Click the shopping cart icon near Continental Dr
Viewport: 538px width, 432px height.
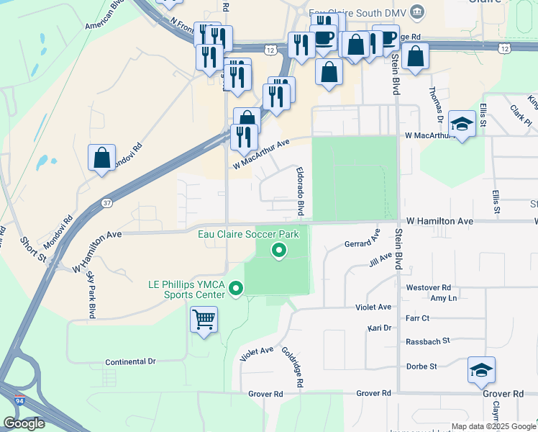[x=204, y=318]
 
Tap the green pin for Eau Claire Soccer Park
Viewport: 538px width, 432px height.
[x=278, y=251]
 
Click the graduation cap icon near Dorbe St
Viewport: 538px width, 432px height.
[x=481, y=370]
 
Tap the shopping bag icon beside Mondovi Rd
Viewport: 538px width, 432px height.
[x=102, y=158]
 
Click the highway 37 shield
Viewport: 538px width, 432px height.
[x=106, y=203]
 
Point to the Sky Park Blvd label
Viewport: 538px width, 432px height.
[x=91, y=295]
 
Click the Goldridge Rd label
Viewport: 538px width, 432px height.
[x=294, y=369]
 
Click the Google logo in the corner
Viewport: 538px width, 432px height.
[x=24, y=423]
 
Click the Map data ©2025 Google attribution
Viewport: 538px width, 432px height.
[x=493, y=426]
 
